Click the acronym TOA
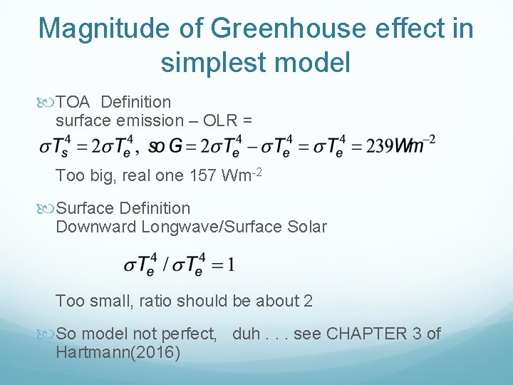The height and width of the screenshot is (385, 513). point(73,103)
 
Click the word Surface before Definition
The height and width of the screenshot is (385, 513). point(87,209)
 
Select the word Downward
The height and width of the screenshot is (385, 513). point(95,227)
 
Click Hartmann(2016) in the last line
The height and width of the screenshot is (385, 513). point(118,352)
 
